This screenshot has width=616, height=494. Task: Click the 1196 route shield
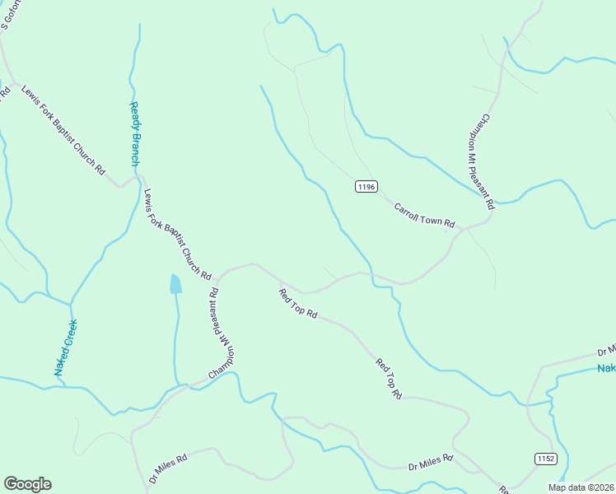pos(366,187)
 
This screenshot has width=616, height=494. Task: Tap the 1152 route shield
pos(545,458)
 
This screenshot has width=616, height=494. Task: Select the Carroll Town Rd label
pos(424,216)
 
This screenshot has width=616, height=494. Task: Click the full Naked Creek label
pos(66,347)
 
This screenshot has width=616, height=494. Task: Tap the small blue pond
pos(175,284)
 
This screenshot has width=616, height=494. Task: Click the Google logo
pos(27,484)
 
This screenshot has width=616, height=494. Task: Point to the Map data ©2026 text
pos(580,487)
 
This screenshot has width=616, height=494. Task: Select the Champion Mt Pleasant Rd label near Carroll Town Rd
pos(488,161)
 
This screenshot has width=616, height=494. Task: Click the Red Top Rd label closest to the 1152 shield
pos(388,379)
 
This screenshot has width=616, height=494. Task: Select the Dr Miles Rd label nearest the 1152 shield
pos(431,463)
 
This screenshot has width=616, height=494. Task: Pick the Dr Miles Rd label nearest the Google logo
pos(169,468)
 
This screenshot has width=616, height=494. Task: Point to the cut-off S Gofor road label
pos(10,15)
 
